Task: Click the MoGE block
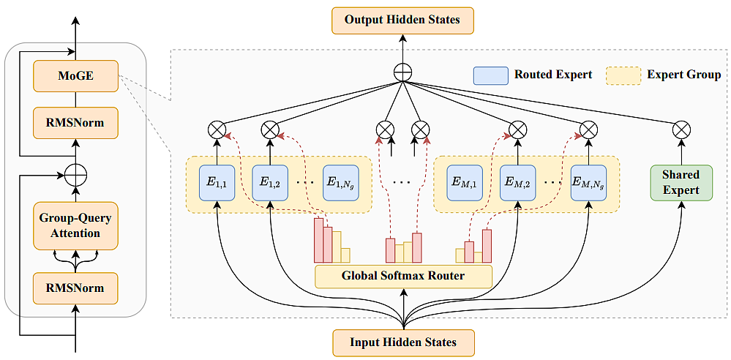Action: pos(75,75)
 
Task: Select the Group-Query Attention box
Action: pos(75,226)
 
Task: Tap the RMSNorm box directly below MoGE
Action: pos(75,123)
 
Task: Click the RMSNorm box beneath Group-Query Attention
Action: pos(75,288)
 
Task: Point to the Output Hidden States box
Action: pos(402,20)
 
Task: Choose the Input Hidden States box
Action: pos(403,342)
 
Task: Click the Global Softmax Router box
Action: pos(403,276)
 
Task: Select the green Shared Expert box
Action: pos(681,183)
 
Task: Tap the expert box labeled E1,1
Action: pos(217,183)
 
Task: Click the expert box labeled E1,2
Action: pos(270,183)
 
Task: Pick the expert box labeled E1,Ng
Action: pos(341,183)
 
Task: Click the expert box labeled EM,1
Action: pos(465,183)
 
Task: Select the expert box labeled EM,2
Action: pos(517,183)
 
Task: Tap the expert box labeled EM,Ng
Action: pos(588,183)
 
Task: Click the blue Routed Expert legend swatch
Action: pos(490,75)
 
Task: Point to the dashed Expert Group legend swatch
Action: pos(623,75)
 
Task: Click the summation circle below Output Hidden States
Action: pos(402,72)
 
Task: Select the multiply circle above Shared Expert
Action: pos(681,130)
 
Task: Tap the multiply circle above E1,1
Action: pos(217,130)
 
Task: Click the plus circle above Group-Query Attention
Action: pos(75,176)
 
